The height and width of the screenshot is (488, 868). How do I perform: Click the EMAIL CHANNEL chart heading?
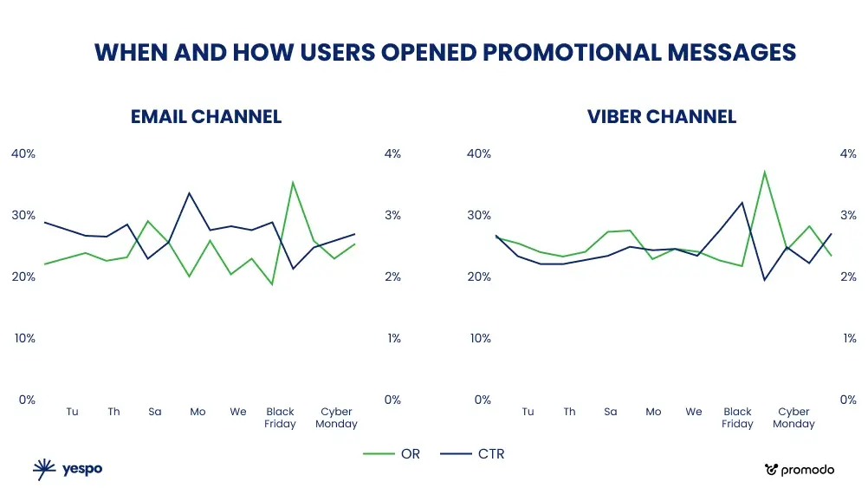pyautogui.click(x=206, y=116)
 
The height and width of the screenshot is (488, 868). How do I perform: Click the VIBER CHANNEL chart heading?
pyautogui.click(x=662, y=116)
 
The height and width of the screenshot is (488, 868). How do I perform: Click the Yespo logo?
pyautogui.click(x=68, y=469)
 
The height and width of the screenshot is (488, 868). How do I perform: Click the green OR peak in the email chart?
pyautogui.click(x=293, y=182)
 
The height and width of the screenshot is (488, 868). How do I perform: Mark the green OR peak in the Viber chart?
pyautogui.click(x=764, y=172)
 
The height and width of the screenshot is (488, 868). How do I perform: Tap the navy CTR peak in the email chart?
pyautogui.click(x=190, y=193)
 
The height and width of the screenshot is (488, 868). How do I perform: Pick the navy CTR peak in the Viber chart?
pyautogui.click(x=742, y=202)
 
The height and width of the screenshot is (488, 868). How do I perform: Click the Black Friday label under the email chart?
pyautogui.click(x=281, y=418)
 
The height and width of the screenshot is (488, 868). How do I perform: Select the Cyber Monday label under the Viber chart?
pyautogui.click(x=794, y=418)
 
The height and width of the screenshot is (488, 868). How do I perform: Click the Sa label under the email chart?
pyautogui.click(x=155, y=412)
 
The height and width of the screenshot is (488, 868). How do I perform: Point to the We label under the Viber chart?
pyautogui.click(x=694, y=412)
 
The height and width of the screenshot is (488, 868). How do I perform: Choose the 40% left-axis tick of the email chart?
pyautogui.click(x=23, y=153)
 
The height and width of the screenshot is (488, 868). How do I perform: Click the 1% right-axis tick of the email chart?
pyautogui.click(x=393, y=338)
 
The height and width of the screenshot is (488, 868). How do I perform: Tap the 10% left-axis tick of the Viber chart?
pyautogui.click(x=479, y=338)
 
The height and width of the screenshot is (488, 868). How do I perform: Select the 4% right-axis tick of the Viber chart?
pyautogui.click(x=849, y=153)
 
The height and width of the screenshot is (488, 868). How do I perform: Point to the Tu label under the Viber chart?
pyautogui.click(x=528, y=412)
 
